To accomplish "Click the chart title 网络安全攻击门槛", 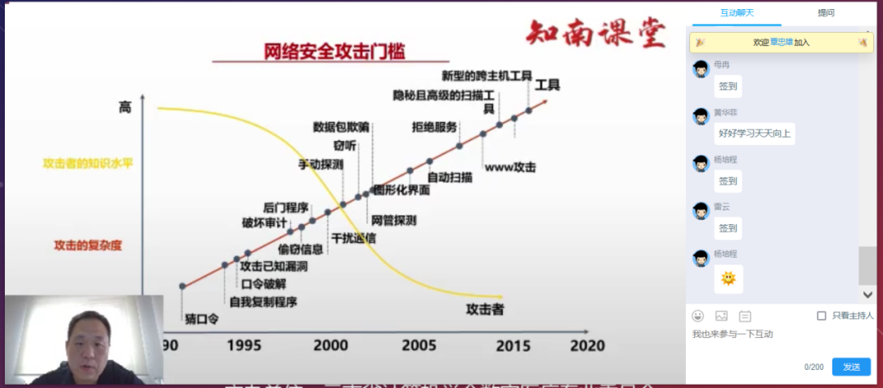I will pyautogui.click(x=335, y=52).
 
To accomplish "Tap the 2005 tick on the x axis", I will pyautogui.click(x=419, y=345).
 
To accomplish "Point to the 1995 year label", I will pyautogui.click(x=244, y=345).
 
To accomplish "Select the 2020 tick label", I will pyautogui.click(x=588, y=345).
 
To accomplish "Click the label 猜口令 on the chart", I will pyautogui.click(x=201, y=318).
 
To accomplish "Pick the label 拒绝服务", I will pyautogui.click(x=435, y=127).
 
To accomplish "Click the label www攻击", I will pyautogui.click(x=510, y=168).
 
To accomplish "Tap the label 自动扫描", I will pyautogui.click(x=450, y=177).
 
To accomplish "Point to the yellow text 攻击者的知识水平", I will pyautogui.click(x=87, y=163).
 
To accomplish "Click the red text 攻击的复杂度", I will pyautogui.click(x=87, y=245).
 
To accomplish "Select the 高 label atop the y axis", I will pyautogui.click(x=124, y=107).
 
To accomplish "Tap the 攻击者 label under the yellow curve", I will pyautogui.click(x=484, y=309).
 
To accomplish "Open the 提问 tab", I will pyautogui.click(x=826, y=13).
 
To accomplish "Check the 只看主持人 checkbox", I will pyautogui.click(x=822, y=315).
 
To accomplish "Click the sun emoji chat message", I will pyautogui.click(x=728, y=279).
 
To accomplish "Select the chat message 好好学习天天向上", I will pyautogui.click(x=755, y=133).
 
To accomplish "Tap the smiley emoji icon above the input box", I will pyautogui.click(x=697, y=315).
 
